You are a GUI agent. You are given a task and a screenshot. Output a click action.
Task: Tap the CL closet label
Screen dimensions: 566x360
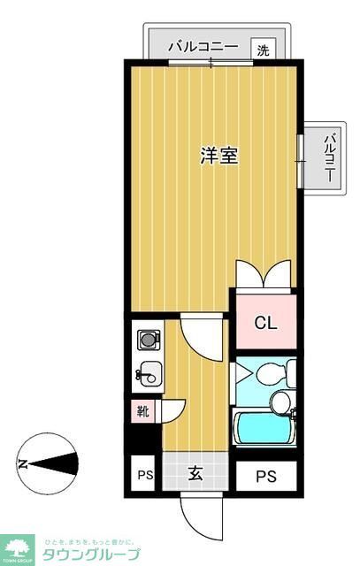click(x=266, y=323)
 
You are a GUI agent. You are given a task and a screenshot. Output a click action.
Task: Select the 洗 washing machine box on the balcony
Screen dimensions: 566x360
click(x=263, y=50)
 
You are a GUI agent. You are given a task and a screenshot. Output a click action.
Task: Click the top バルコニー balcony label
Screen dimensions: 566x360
click(x=202, y=47)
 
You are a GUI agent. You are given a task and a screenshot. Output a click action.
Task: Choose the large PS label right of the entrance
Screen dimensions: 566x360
click(x=266, y=477)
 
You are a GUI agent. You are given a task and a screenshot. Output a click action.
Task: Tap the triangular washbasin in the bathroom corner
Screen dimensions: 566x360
click(x=244, y=372)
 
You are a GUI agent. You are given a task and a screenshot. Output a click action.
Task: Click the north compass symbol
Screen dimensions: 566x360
click(x=50, y=463)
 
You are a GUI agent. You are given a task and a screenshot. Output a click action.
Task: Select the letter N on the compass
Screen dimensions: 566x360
click(x=22, y=463)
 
